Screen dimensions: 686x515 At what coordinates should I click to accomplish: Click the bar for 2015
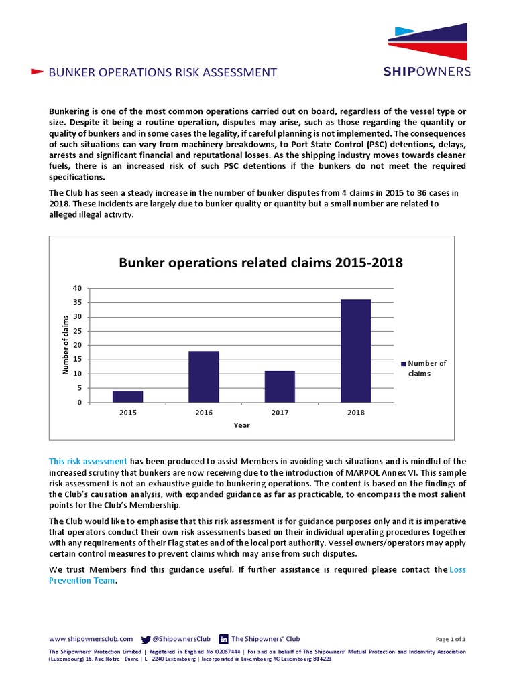tap(127, 396)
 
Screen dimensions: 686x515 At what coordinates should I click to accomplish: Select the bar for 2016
tap(204, 376)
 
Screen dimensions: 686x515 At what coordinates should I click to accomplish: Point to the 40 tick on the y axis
tap(78, 288)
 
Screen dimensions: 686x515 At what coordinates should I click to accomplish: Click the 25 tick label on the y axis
tap(78, 331)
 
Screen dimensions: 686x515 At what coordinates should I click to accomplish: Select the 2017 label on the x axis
tap(280, 413)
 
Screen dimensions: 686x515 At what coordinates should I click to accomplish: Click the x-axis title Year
tap(241, 425)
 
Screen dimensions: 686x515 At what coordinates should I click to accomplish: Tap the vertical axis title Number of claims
tap(66, 344)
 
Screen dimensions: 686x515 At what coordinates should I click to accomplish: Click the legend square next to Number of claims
tap(404, 364)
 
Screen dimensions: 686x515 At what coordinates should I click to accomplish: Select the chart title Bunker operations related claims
tap(261, 263)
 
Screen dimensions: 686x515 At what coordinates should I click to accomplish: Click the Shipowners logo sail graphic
tap(428, 42)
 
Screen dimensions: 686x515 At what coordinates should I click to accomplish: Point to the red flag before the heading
tap(38, 72)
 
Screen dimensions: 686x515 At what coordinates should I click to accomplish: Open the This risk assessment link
tap(88, 461)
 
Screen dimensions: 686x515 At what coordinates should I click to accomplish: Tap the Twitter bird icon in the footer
tap(146, 639)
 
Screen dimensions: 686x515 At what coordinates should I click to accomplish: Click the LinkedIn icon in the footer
tap(224, 639)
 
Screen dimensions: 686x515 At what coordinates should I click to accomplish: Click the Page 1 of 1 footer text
tap(451, 640)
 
